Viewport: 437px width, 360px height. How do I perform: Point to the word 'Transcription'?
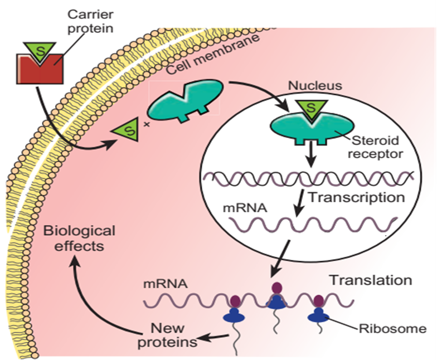(x=356, y=198)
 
